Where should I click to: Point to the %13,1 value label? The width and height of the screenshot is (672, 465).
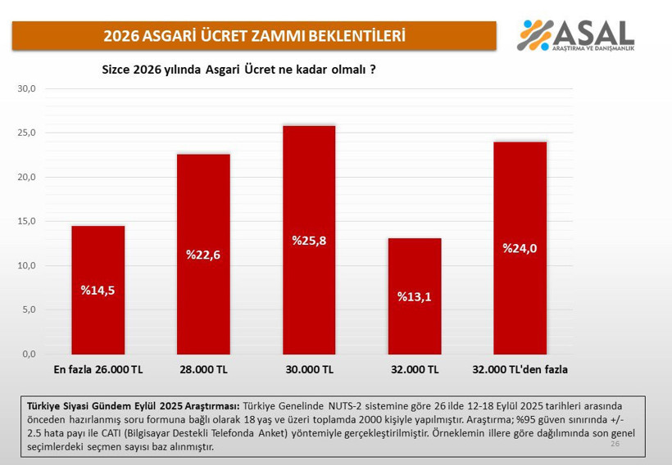point(414,296)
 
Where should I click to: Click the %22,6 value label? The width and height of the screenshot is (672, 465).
point(203,255)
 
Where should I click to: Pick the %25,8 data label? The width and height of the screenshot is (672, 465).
point(309,241)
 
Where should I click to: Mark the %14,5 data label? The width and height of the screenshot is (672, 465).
point(98,290)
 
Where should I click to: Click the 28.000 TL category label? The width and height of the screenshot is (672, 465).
point(203,370)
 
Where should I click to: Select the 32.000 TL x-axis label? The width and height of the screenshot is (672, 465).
point(415,370)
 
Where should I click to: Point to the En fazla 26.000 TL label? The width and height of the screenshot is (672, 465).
point(98,370)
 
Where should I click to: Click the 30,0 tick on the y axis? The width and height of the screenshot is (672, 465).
point(27,88)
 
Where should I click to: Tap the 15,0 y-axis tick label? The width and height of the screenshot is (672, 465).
point(27,221)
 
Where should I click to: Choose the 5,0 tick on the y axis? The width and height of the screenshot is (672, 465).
point(29,309)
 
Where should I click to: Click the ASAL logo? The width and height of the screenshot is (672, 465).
point(576,34)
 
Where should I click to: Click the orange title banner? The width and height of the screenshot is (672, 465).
point(254,36)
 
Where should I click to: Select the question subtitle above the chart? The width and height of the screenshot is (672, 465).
point(238,70)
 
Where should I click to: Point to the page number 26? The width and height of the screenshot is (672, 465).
point(615,443)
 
